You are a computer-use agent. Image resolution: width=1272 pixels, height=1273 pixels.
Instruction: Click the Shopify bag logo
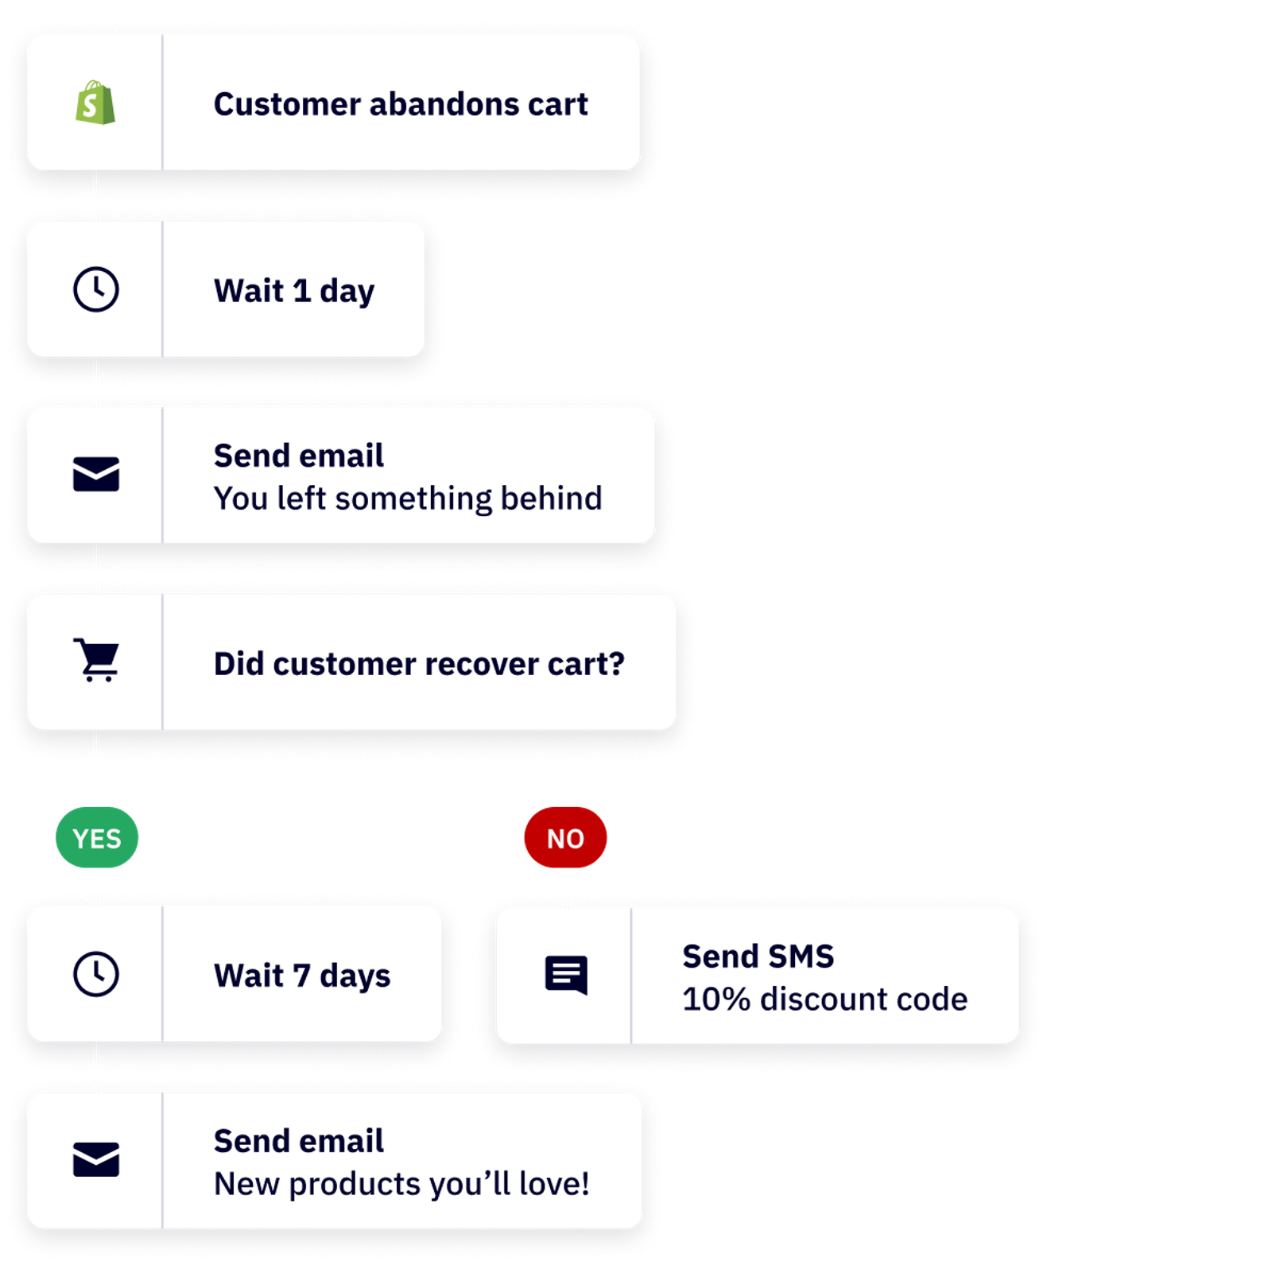95,103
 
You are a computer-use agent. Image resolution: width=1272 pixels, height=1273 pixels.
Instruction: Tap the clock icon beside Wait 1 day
96,289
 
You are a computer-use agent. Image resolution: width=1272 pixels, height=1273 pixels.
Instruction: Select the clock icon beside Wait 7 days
96,974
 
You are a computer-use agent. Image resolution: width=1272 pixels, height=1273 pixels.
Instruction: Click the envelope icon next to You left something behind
96,475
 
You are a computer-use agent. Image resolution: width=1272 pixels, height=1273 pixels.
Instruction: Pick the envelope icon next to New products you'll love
96,1159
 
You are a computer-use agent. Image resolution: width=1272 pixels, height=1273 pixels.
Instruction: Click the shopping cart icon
96,660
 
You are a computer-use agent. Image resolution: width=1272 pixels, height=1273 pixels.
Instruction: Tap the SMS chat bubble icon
566,975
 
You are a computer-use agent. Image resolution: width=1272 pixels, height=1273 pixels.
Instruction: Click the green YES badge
97,838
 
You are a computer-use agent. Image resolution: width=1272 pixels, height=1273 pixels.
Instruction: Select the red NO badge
565,838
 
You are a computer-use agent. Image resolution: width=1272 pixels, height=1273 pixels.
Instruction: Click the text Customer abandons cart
401,104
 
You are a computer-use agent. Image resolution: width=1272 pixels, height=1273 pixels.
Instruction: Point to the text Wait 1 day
294,291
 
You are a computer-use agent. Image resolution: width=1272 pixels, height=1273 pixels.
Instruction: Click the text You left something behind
408,499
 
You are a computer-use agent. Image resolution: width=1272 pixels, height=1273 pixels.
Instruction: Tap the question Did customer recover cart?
419,664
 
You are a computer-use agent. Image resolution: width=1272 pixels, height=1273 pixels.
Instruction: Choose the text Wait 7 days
302,976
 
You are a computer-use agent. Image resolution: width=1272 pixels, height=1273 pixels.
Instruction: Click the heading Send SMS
758,957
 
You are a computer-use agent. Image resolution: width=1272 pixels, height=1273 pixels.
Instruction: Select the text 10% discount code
824,999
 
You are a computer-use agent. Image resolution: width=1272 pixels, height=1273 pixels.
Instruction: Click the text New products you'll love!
401,1184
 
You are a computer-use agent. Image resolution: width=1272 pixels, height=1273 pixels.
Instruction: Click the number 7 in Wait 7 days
301,976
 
